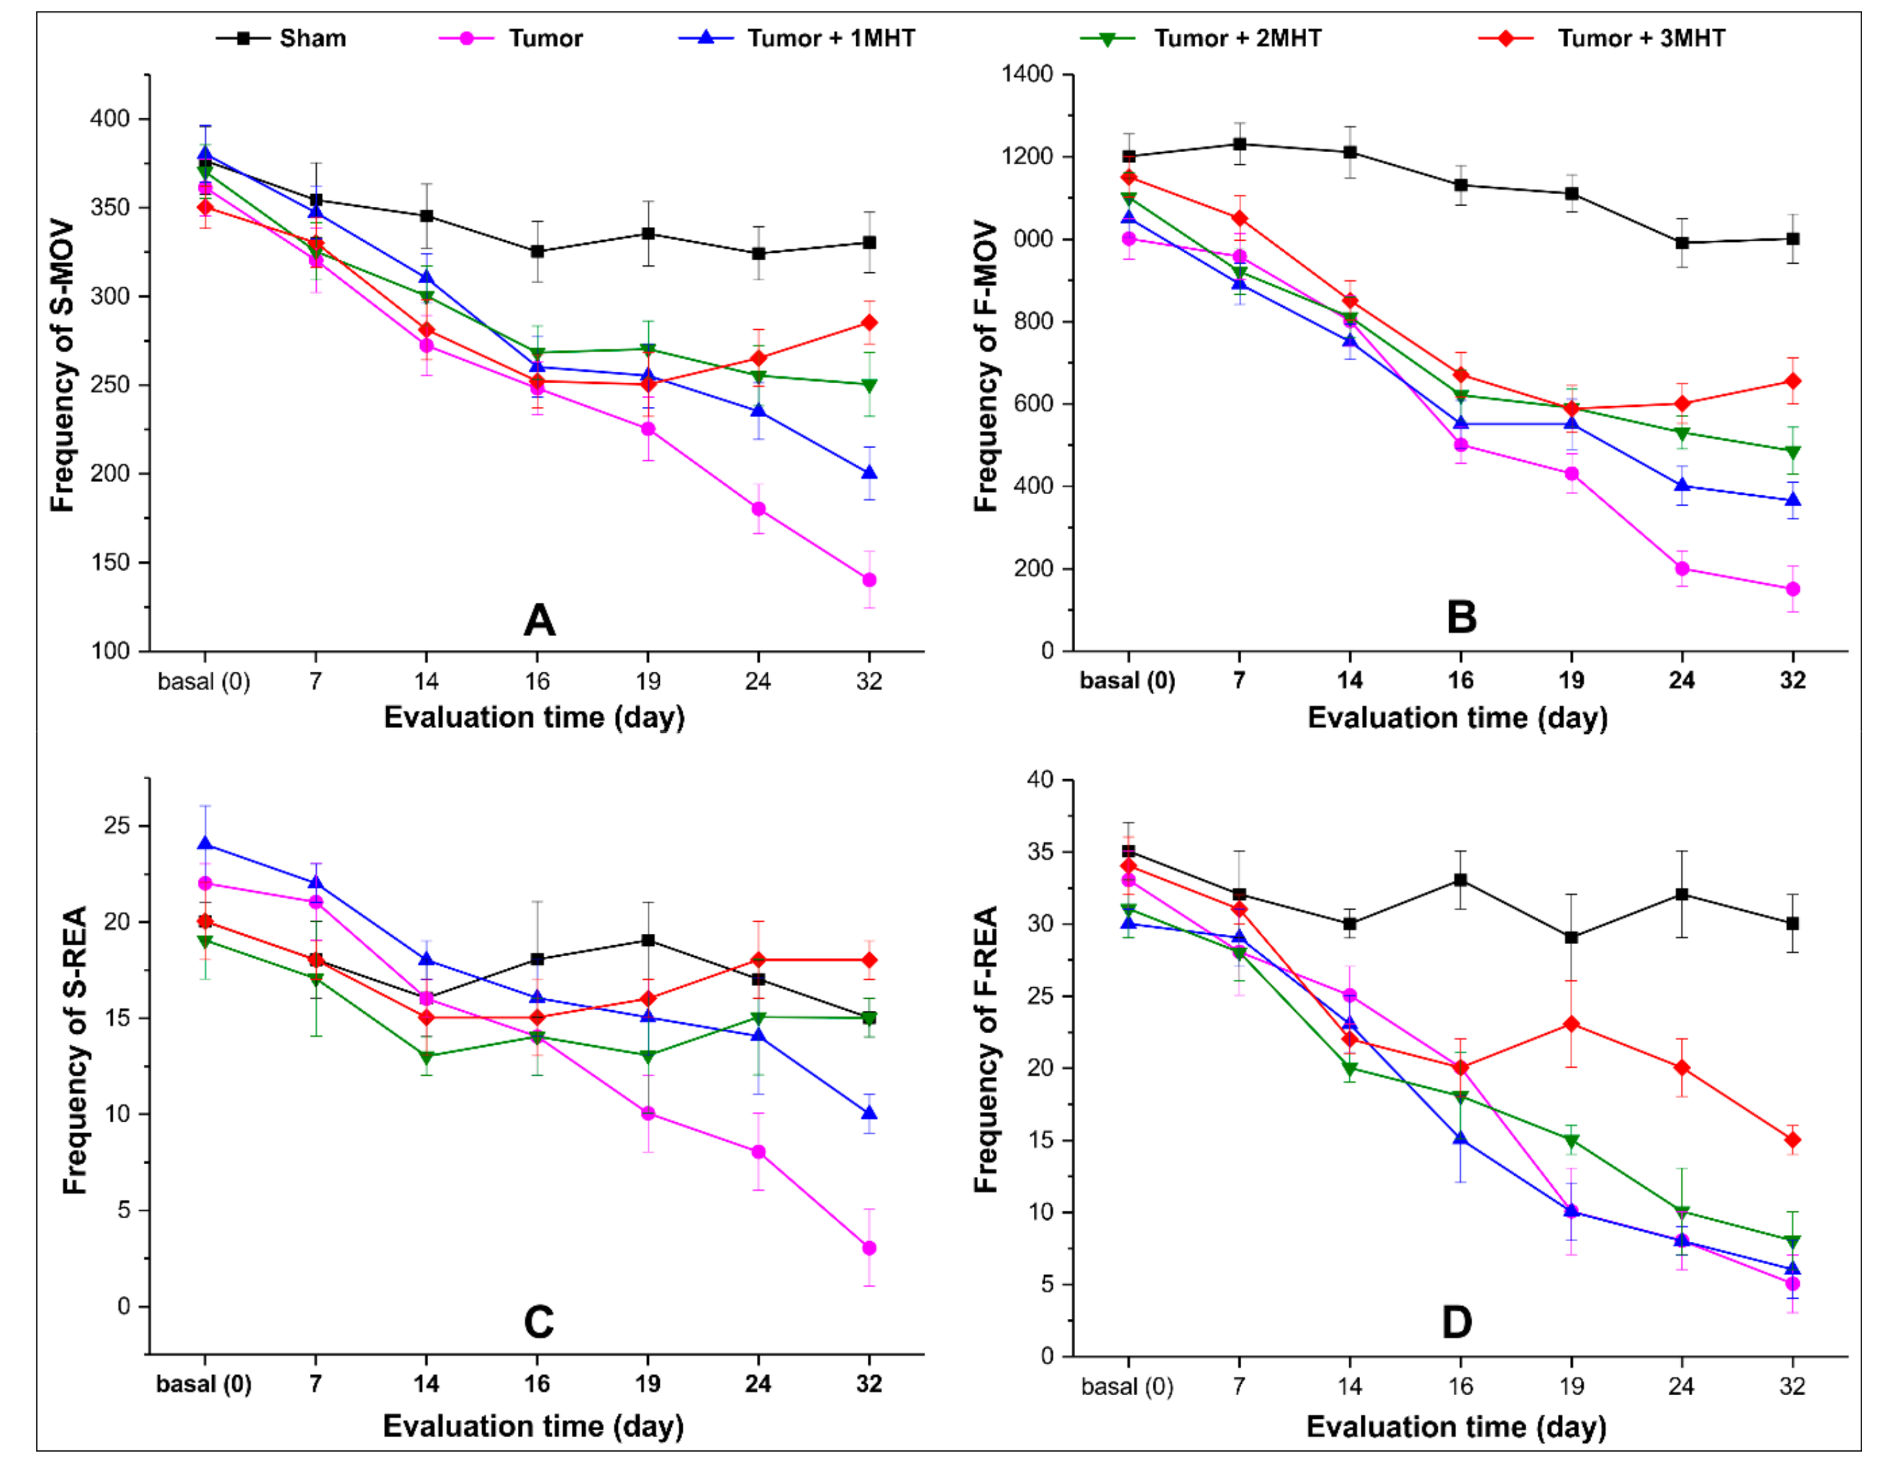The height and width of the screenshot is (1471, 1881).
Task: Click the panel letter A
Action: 539,620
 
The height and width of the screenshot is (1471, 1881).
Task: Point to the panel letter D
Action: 1457,1322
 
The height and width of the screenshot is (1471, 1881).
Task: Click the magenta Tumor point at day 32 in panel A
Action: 869,580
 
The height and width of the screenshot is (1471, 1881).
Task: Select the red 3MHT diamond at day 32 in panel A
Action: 869,322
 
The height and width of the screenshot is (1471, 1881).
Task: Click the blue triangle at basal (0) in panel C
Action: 205,843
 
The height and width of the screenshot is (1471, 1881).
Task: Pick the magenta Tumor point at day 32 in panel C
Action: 869,1248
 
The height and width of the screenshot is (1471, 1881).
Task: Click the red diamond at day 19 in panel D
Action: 1571,1024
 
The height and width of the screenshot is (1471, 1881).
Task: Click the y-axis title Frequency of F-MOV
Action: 985,366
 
